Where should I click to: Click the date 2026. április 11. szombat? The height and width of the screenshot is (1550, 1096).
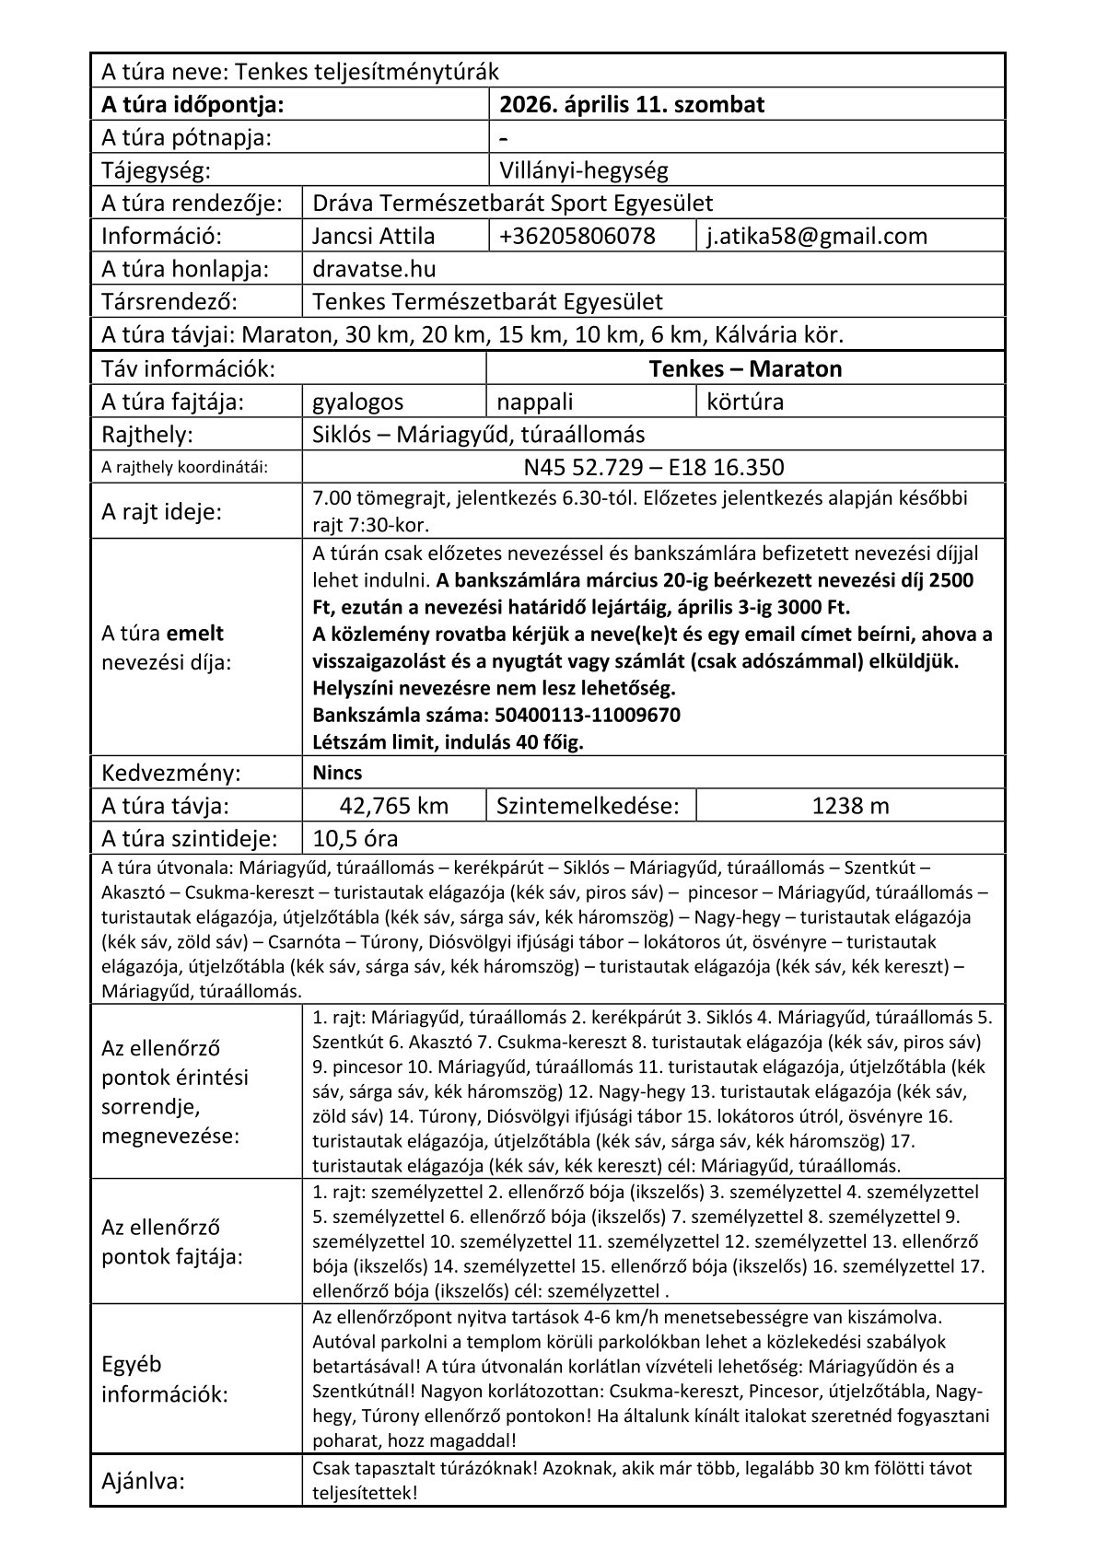tap(631, 105)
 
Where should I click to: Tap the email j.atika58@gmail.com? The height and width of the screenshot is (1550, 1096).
tap(816, 237)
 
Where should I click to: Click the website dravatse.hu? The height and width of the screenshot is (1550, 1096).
tap(374, 270)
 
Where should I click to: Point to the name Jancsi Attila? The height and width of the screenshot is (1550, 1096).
tap(374, 237)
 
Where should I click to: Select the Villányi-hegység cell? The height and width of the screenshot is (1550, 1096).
tap(583, 170)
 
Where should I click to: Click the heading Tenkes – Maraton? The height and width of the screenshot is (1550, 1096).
tap(744, 369)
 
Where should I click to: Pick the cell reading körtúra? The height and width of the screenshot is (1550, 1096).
tap(745, 402)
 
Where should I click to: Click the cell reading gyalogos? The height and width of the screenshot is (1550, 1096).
tap(358, 402)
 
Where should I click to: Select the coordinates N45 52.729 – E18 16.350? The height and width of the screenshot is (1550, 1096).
tap(653, 468)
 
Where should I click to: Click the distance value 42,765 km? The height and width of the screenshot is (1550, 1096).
tap(393, 807)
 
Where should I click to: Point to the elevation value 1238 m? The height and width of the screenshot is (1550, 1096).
tap(850, 807)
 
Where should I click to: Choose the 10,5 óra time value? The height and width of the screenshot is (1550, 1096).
tap(356, 839)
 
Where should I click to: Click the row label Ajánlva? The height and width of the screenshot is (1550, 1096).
tap(143, 1482)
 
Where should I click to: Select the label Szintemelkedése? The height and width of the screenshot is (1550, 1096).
tap(587, 807)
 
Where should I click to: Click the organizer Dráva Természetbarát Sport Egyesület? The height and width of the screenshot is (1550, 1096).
tap(512, 204)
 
